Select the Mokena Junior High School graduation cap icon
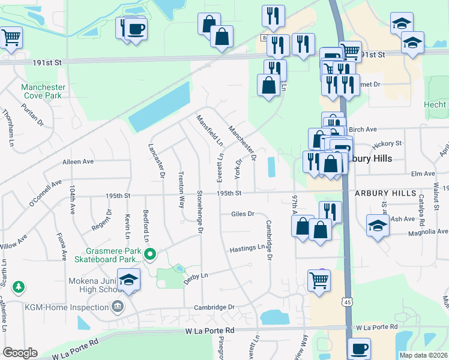(x=128, y=279)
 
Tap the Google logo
(x=20, y=353)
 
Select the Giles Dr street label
(x=243, y=214)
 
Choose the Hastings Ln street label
(x=247, y=248)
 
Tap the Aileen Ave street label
(x=78, y=162)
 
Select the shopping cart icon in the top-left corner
(x=11, y=37)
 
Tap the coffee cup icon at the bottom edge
(x=359, y=348)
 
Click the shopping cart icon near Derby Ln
(x=319, y=280)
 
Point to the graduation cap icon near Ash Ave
(x=377, y=226)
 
